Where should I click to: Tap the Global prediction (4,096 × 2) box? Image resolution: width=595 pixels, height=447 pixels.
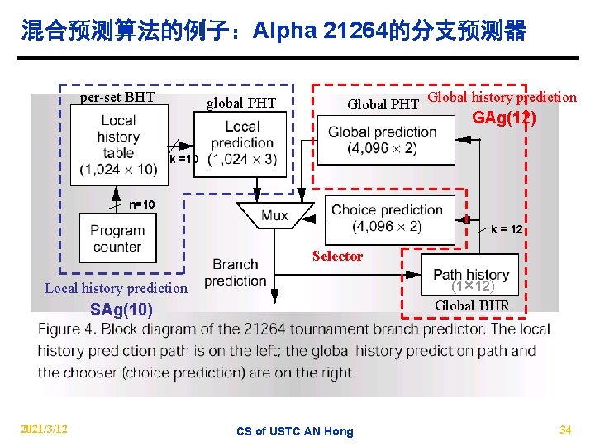(382, 139)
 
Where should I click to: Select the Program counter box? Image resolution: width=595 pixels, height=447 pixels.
(117, 238)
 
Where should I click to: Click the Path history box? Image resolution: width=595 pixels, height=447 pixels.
(470, 273)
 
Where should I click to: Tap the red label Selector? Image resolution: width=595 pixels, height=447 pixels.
(337, 256)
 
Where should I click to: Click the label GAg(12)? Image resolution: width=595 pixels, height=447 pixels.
(503, 118)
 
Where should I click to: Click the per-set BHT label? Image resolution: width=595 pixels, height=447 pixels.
(117, 98)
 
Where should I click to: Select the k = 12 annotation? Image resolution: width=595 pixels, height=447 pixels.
(506, 229)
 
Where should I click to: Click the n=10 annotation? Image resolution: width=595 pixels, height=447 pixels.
(141, 204)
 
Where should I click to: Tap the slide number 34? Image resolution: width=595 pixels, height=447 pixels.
(565, 430)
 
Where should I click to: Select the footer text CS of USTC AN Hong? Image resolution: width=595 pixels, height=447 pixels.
(294, 431)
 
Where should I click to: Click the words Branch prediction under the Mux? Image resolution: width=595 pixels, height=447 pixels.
(236, 272)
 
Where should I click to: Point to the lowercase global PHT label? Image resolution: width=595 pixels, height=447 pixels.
(241, 103)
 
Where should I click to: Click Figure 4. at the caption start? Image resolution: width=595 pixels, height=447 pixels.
(64, 329)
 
